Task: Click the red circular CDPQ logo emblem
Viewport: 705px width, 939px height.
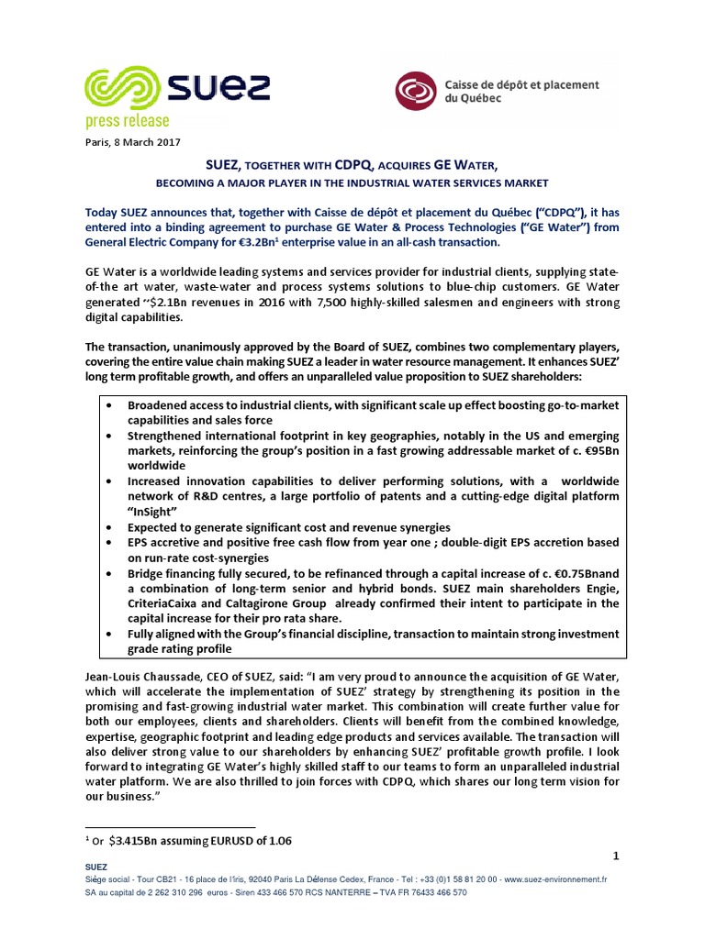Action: click(x=417, y=91)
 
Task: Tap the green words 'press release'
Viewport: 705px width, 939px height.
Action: click(x=127, y=120)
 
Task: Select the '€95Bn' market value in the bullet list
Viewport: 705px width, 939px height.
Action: click(x=598, y=450)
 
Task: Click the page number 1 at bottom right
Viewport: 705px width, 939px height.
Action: click(x=617, y=856)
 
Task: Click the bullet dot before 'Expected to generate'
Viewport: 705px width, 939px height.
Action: click(x=111, y=527)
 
